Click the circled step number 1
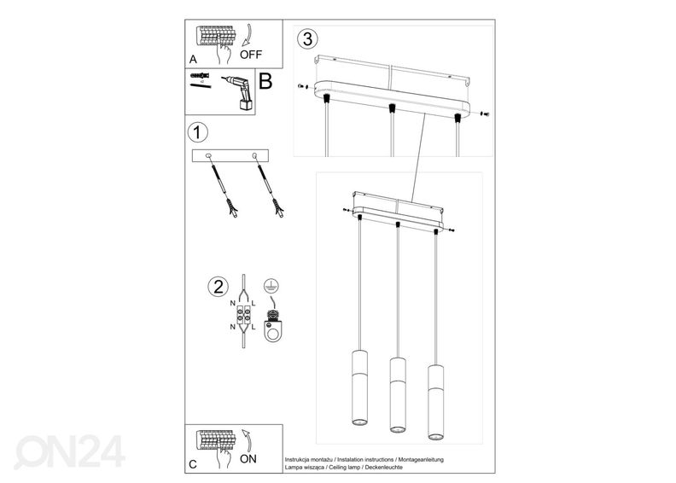pos(198,133)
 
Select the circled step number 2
pos(219,287)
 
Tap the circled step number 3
pos(308,38)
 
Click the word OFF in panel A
pos(250,55)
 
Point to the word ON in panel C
pos(248,459)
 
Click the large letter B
pos(265,81)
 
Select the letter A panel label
pos(193,60)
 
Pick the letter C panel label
pos(193,464)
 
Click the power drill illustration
pos(238,94)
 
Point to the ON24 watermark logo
pos(69,451)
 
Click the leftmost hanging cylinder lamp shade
pos(359,387)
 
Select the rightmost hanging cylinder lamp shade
pos(435,402)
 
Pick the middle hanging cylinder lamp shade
pos(398,394)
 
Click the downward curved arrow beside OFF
pos(247,35)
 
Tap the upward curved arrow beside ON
pos(247,439)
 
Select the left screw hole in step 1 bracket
pos(208,155)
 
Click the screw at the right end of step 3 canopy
pos(486,114)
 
